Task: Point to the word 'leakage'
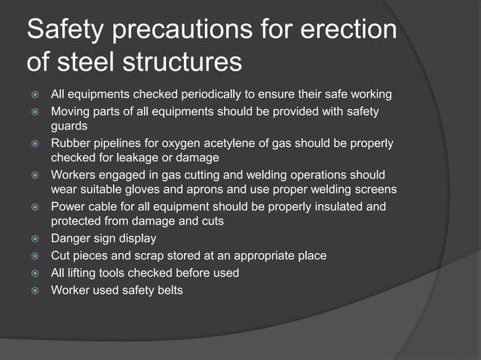coord(157,157)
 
